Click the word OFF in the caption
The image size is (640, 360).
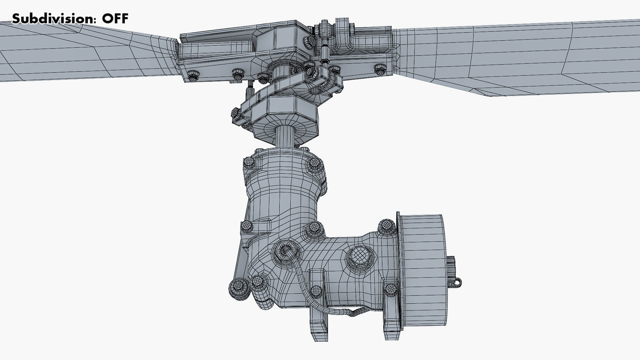click(115, 19)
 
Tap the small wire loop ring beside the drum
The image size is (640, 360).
click(458, 283)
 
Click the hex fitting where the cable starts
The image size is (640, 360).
click(285, 250)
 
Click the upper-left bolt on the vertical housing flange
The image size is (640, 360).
click(249, 163)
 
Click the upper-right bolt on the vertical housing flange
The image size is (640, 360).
click(314, 164)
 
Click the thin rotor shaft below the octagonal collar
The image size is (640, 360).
click(285, 137)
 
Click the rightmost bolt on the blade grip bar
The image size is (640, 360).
click(380, 69)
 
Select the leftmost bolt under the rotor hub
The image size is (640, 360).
click(193, 75)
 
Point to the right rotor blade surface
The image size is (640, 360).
click(517, 57)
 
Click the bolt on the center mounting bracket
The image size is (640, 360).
click(316, 291)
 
